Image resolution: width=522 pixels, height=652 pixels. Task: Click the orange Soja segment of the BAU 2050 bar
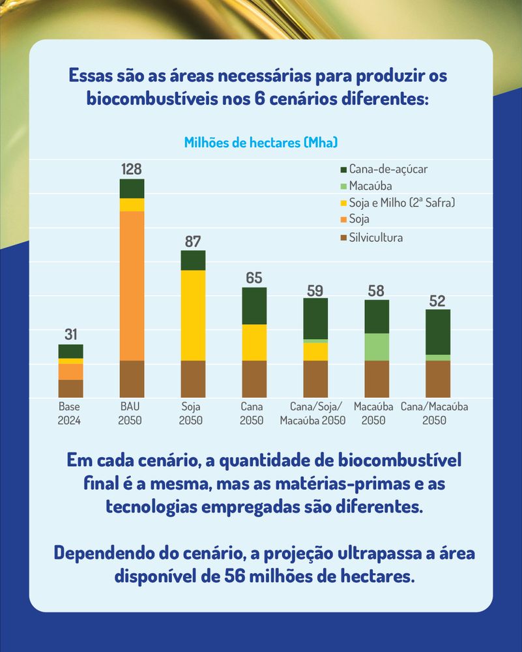click(x=132, y=286)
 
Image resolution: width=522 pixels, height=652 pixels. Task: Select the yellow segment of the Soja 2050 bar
click(x=193, y=315)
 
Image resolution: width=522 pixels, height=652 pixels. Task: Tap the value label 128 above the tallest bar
click(x=132, y=170)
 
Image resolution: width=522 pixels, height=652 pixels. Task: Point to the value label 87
click(x=193, y=241)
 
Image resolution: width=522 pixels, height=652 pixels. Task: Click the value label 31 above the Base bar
click(x=70, y=335)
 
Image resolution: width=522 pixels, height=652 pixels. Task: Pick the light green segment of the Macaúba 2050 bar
click(x=376, y=347)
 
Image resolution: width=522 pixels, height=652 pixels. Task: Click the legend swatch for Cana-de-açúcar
click(x=341, y=169)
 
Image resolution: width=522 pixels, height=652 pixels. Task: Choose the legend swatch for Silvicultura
click(x=341, y=237)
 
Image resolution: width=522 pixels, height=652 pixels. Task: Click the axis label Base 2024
click(x=69, y=413)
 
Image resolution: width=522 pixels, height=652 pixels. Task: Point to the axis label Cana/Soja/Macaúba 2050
click(x=313, y=413)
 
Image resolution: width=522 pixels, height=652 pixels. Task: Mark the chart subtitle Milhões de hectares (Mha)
click(x=261, y=142)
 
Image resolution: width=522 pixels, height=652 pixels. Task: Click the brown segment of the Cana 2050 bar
click(x=254, y=379)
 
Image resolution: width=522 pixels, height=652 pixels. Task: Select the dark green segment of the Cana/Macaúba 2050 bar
click(x=437, y=332)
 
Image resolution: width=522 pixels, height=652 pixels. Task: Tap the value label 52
click(x=437, y=301)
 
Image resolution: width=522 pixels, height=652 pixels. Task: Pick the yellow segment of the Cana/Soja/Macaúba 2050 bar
click(x=315, y=351)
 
